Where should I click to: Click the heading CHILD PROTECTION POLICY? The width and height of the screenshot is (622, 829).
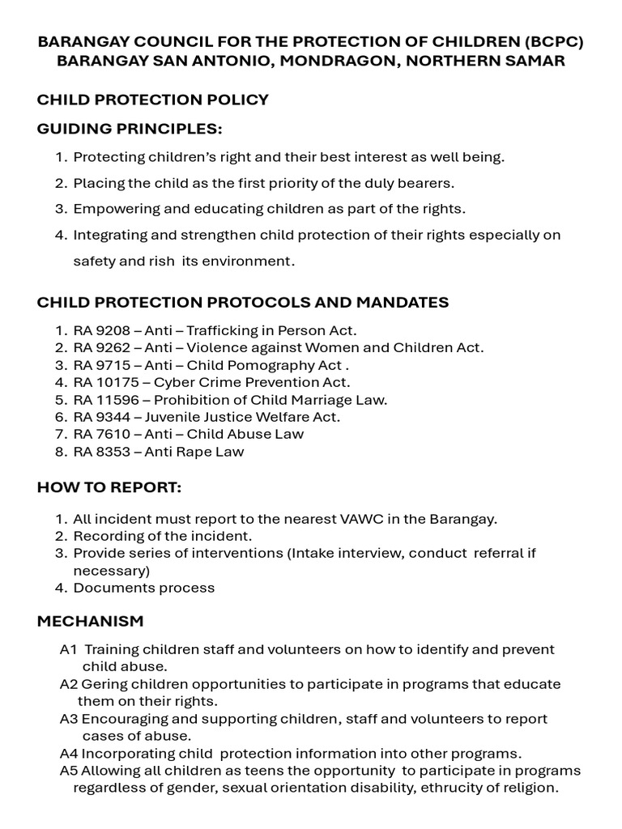152,100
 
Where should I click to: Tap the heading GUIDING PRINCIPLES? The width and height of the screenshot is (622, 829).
130,130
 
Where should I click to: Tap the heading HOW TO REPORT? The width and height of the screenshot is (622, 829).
109,488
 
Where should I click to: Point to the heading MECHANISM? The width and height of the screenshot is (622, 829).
90,621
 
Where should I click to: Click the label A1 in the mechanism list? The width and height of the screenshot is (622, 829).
69,650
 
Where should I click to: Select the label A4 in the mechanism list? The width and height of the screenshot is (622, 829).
69,753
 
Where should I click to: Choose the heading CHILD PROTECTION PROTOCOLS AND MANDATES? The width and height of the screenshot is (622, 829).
243,302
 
